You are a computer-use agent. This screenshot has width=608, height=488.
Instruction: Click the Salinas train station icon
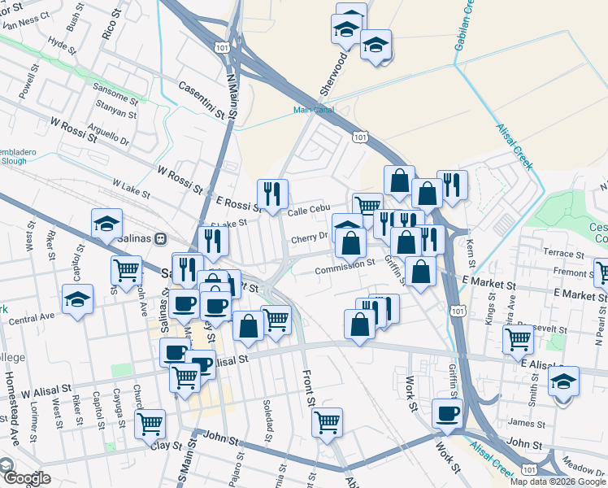161,238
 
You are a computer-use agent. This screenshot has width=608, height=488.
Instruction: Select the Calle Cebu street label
307,211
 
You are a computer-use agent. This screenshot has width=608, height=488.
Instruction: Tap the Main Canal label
314,110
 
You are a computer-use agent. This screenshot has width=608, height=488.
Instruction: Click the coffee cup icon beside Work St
446,413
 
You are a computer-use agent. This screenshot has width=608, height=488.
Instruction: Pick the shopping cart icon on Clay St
150,423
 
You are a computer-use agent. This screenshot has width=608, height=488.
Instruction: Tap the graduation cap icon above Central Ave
78,298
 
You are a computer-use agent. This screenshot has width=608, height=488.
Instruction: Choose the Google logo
26,478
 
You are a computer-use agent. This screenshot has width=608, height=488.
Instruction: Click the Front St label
308,388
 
